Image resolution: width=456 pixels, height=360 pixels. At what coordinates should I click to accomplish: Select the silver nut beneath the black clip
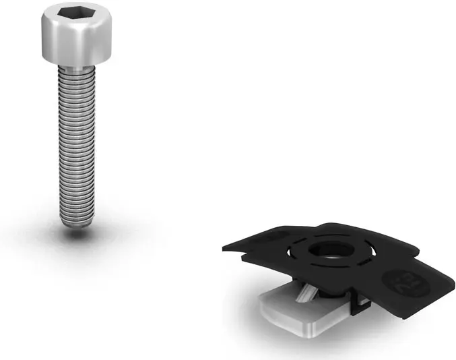[296, 317]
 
